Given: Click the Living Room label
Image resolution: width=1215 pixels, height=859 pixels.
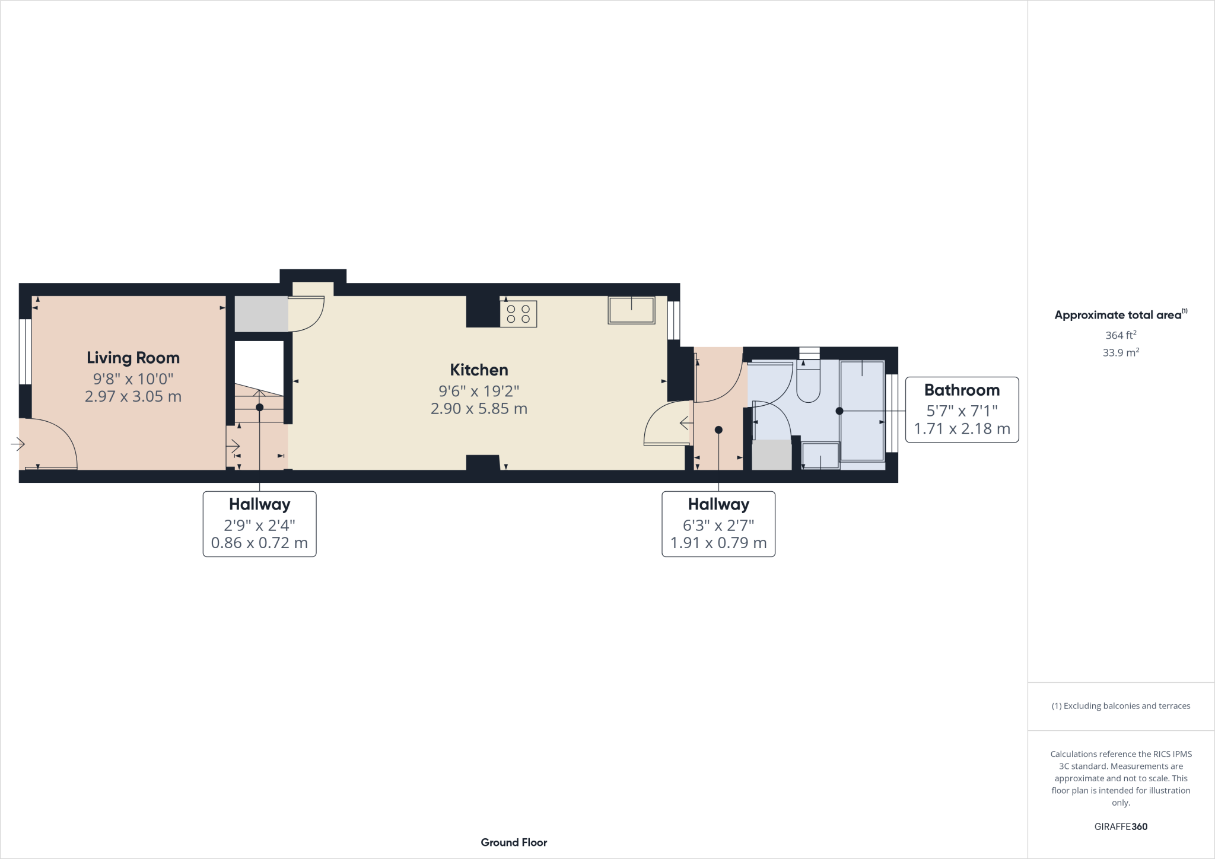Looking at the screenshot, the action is point(133,358).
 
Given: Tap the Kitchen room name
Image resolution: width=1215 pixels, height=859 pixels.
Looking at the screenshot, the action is point(479,370).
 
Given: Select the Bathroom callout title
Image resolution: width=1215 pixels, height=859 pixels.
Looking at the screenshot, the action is point(962,390).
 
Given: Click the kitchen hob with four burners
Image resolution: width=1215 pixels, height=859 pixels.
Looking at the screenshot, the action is point(519,314).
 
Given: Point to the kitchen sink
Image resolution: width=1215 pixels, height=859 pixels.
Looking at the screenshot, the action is point(631,310).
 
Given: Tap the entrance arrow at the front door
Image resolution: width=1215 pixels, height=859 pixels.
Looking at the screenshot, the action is point(17,444).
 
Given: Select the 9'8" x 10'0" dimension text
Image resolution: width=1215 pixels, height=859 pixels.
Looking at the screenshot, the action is point(133,378).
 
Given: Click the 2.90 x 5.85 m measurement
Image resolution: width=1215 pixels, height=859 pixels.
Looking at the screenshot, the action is point(479,409).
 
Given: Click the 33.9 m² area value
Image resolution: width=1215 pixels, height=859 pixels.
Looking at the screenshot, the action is point(1121,352).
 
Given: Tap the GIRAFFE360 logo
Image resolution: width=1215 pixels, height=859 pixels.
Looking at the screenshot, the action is point(1121,826).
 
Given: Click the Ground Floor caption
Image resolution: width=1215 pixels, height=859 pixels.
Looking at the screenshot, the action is point(514,842).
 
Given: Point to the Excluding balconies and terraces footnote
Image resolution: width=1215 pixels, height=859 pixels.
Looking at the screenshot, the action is point(1121,706).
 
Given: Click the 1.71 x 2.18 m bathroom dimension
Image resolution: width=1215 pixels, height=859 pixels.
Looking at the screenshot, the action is point(962,429).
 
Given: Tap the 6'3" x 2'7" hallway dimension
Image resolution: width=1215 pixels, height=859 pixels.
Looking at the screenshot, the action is point(718,525).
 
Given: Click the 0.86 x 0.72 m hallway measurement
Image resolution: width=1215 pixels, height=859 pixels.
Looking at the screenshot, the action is point(259,543).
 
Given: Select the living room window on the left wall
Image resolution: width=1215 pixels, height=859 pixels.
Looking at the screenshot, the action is point(26,352).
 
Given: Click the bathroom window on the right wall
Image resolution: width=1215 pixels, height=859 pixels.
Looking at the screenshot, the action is point(892,413).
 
